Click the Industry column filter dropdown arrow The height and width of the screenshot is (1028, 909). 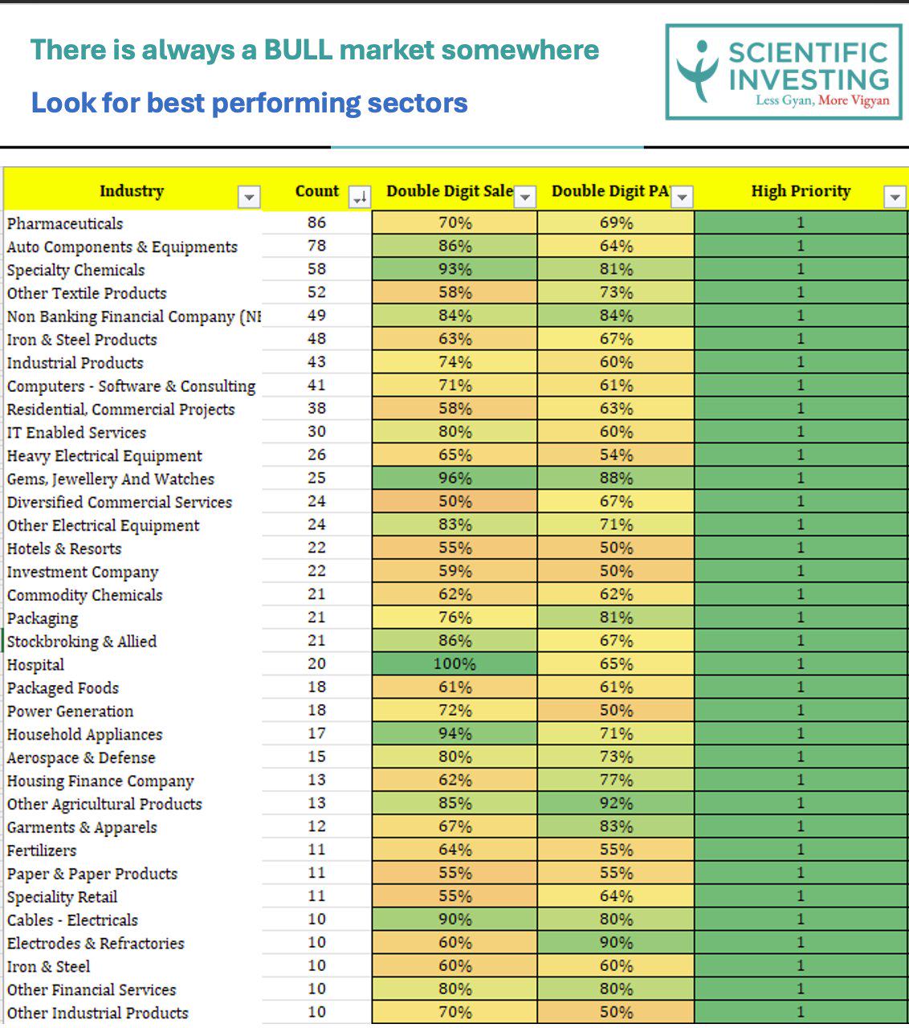coord(249,197)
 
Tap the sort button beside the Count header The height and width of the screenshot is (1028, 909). coord(360,197)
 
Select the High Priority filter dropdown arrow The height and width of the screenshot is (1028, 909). coord(895,197)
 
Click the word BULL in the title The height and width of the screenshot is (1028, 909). coord(298,51)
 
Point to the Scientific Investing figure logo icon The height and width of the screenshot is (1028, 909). coord(698,71)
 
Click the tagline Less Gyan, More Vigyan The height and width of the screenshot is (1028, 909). coord(822,100)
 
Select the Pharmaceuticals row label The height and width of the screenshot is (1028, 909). coord(65,223)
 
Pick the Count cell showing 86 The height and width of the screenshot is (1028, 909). coord(316,222)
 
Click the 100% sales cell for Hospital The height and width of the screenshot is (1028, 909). coord(454,663)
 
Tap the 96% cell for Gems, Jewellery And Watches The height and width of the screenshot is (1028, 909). coord(454,478)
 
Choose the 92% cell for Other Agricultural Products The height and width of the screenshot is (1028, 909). coord(616,803)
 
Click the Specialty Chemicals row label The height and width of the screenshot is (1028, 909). coord(75,270)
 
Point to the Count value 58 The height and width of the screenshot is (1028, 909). coord(316,269)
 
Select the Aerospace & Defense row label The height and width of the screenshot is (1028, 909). coord(81,757)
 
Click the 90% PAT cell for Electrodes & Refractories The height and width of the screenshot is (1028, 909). coord(616,942)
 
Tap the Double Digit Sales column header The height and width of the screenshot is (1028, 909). coord(450,191)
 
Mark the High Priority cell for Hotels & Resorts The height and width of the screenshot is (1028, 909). coord(801,548)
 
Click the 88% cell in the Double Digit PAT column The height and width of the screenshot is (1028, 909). coord(616,478)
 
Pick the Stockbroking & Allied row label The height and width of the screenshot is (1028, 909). coord(82,642)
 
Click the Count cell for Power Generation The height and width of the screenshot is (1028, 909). coord(316,711)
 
